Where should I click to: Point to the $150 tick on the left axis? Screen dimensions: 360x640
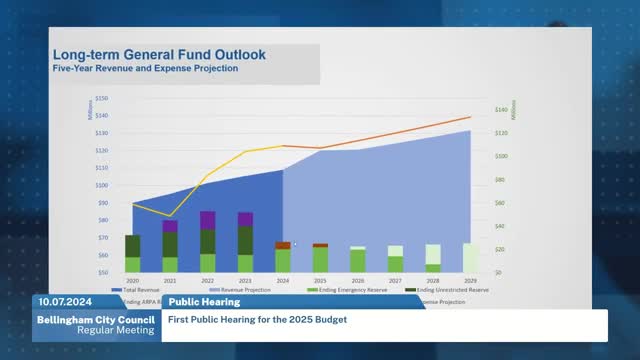point(101,99)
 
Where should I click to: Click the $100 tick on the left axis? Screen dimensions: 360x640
point(101,185)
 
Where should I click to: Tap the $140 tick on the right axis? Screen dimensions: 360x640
point(502,109)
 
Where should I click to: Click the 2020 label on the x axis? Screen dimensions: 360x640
point(132,281)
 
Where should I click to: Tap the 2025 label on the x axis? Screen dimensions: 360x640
point(320,281)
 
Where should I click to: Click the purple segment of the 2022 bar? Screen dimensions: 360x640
point(207,220)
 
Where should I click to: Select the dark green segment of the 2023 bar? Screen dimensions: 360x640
point(245,240)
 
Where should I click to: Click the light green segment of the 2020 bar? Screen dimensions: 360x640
point(132,264)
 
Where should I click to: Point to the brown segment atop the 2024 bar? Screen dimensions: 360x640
point(283,245)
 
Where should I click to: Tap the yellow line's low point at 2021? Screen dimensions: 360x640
point(170,215)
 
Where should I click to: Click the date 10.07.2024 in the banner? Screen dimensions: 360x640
point(65,301)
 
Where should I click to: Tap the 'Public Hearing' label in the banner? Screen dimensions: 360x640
point(203,301)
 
